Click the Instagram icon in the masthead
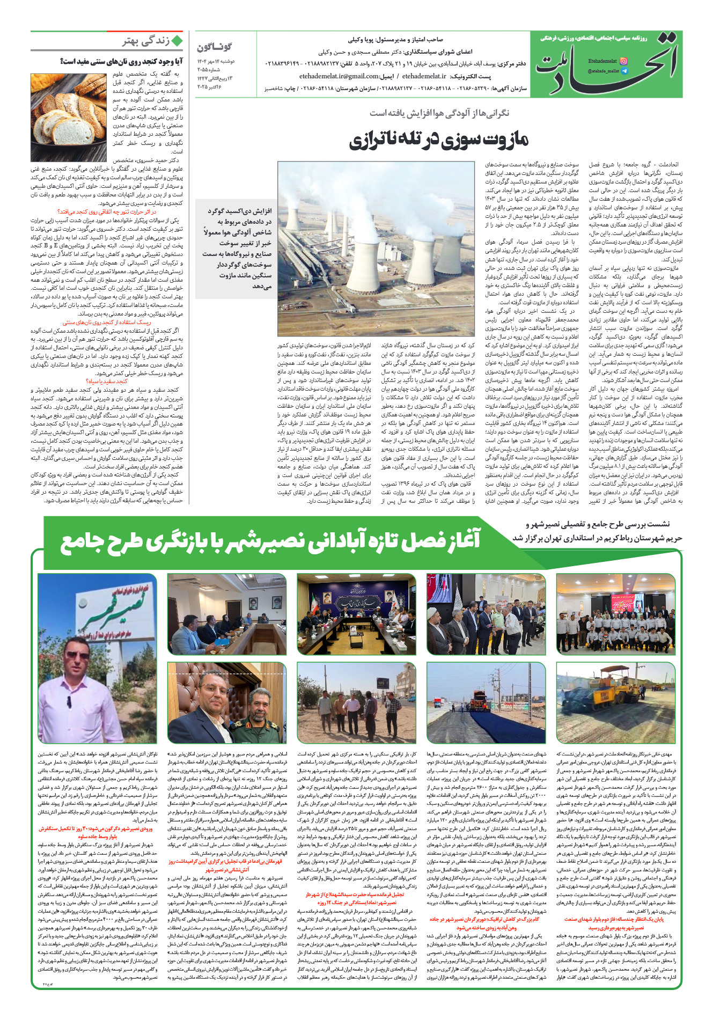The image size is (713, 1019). [623, 61]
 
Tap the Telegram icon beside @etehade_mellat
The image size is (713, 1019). [623, 71]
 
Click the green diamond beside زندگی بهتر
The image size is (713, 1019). [177, 41]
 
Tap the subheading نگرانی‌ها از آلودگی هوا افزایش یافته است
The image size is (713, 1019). [439, 113]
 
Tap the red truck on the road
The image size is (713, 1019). [479, 698]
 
